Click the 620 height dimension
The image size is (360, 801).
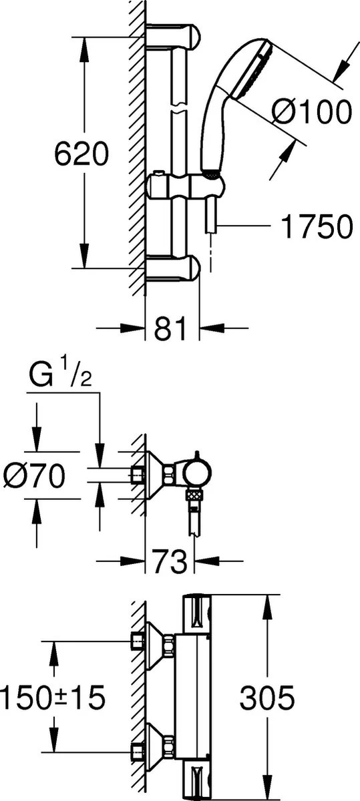pos(81,155)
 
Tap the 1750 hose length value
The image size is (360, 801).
pos(316,227)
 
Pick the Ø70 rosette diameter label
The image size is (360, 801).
pos(33,476)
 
